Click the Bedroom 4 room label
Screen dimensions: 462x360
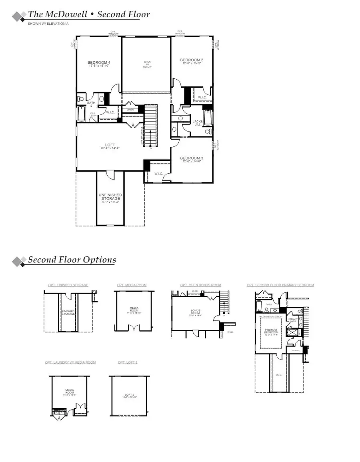tap(99, 62)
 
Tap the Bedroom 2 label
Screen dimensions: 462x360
tap(192, 60)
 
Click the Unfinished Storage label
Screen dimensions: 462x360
tap(110, 197)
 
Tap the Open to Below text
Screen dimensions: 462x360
tap(147, 64)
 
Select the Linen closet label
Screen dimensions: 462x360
tap(130, 109)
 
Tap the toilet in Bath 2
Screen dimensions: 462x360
tap(81, 98)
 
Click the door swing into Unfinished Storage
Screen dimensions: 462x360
tap(110, 174)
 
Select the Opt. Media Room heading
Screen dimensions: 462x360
tap(132, 285)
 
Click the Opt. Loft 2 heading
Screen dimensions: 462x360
tap(128, 362)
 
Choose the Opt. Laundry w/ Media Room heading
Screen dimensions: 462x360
tap(70, 362)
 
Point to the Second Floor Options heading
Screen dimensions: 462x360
tap(72, 260)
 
